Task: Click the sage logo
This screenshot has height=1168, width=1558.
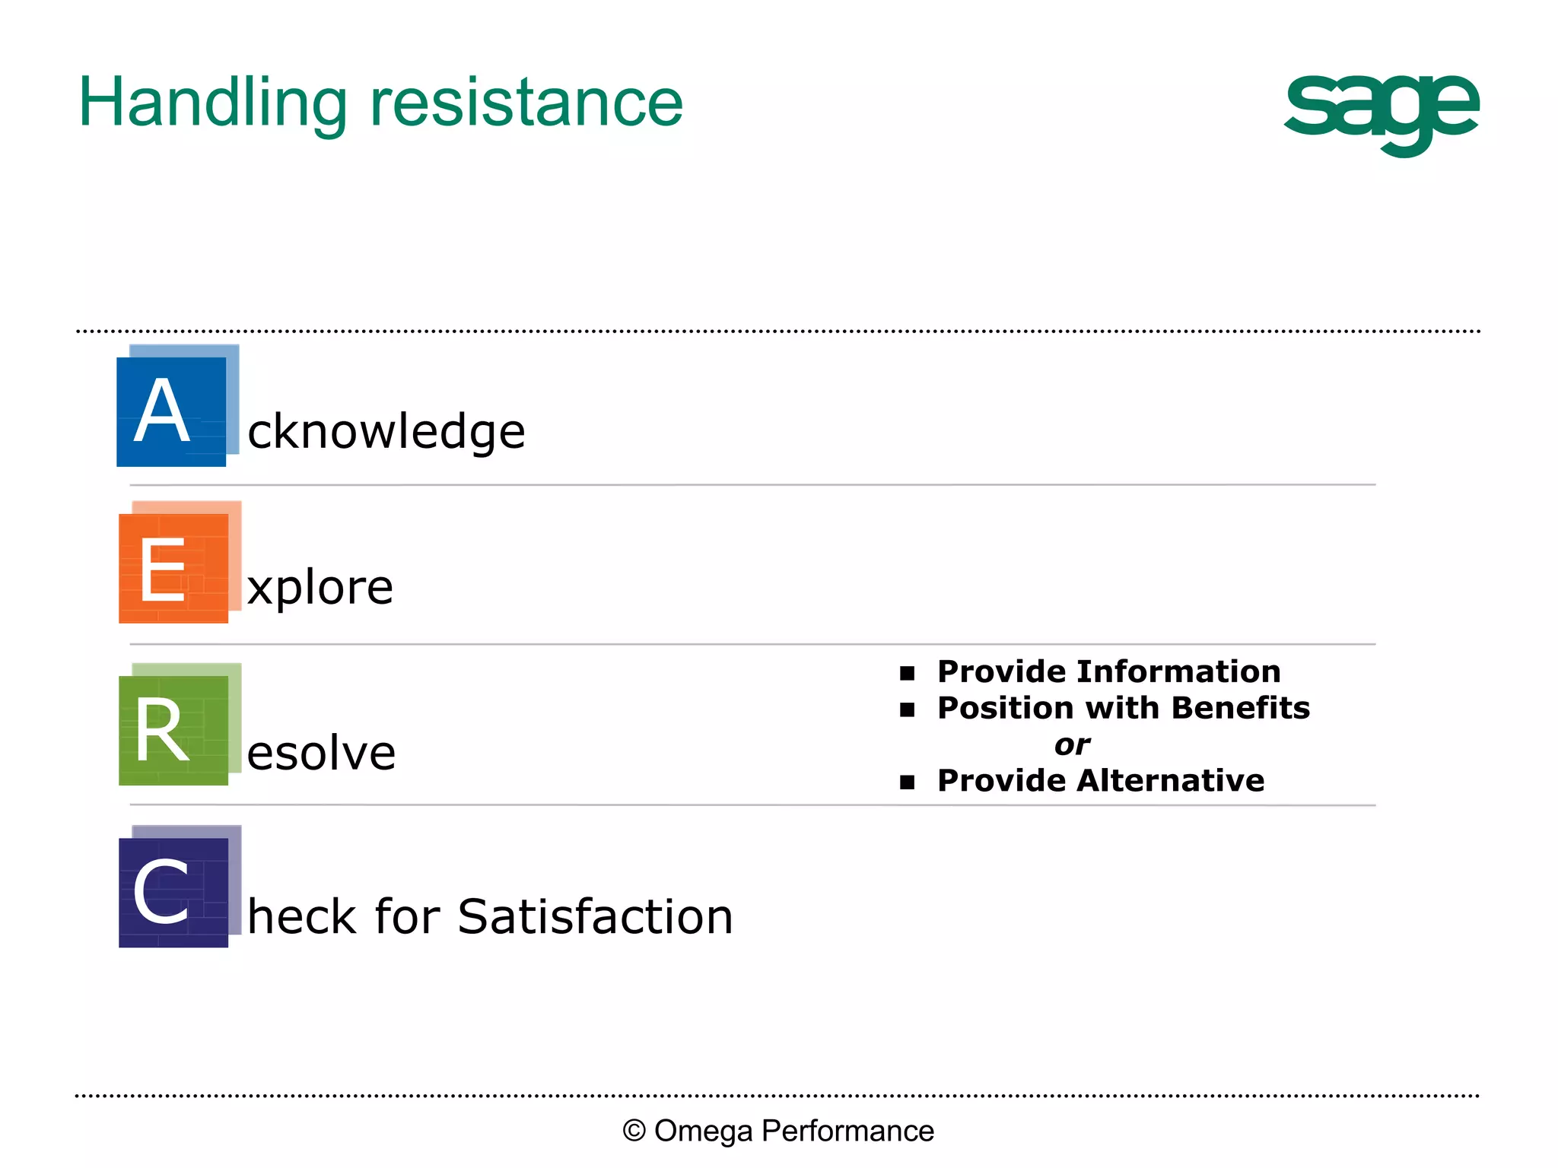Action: click(1381, 113)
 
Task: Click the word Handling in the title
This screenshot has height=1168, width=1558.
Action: click(213, 104)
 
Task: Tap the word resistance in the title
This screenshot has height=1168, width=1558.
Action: click(526, 104)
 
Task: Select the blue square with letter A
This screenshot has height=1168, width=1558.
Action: click(171, 411)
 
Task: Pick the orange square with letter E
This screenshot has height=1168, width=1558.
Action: click(173, 568)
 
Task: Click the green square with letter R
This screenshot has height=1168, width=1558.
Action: click(173, 730)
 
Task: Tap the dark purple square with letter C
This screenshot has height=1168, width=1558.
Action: click(173, 892)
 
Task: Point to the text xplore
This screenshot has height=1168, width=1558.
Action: click(320, 588)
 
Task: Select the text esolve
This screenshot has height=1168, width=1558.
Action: click(321, 754)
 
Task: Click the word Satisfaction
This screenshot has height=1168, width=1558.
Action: click(595, 916)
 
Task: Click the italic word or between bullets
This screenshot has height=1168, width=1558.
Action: click(1072, 745)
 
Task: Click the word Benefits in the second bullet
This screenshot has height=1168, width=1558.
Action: click(1240, 709)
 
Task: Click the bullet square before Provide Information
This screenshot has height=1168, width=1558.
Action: click(907, 673)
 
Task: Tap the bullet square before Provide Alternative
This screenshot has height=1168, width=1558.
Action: click(907, 782)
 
